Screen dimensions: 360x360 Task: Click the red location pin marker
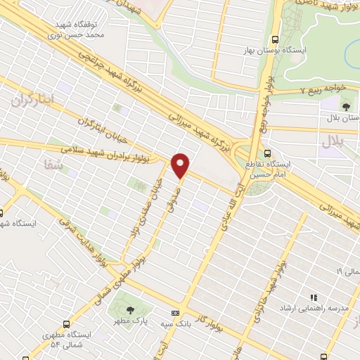[x=181, y=165]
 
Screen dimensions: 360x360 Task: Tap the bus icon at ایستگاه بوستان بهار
[x=275, y=39]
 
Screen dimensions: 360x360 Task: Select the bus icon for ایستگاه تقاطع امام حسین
[x=266, y=153]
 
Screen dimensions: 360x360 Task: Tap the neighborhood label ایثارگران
[x=32, y=101]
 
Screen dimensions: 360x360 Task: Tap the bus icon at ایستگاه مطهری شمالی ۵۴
[x=66, y=324]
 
